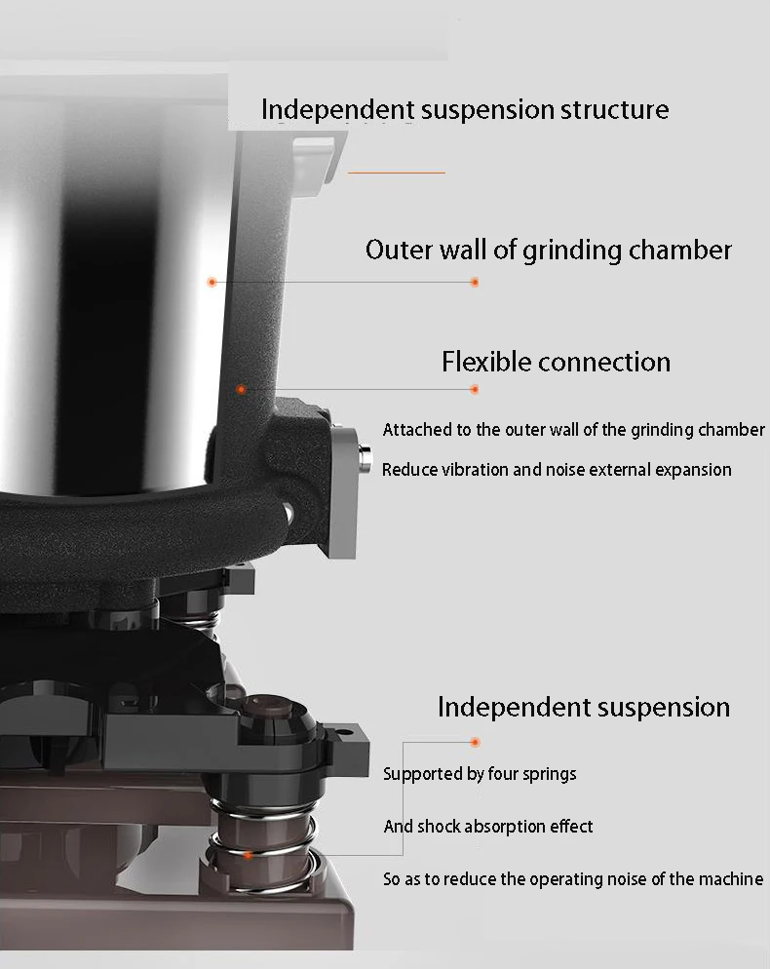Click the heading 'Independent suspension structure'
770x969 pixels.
[465, 109]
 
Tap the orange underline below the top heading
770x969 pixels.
[396, 173]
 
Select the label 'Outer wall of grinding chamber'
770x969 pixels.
[548, 250]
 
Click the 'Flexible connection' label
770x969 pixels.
[556, 362]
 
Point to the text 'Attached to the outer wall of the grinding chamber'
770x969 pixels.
[573, 430]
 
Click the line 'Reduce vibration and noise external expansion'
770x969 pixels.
[557, 470]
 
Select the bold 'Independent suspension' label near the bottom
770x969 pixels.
[583, 707]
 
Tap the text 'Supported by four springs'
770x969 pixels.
[480, 774]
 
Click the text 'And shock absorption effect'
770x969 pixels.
[488, 827]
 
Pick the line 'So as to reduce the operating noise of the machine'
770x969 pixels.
[573, 879]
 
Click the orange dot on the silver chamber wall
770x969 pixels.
[211, 282]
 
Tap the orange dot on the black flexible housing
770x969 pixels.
[241, 389]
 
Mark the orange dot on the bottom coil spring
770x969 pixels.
[250, 855]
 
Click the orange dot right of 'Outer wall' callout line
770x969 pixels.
[475, 282]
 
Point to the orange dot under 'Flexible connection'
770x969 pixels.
[475, 389]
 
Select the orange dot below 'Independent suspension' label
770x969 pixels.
[475, 743]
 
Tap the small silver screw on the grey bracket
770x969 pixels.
[366, 455]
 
